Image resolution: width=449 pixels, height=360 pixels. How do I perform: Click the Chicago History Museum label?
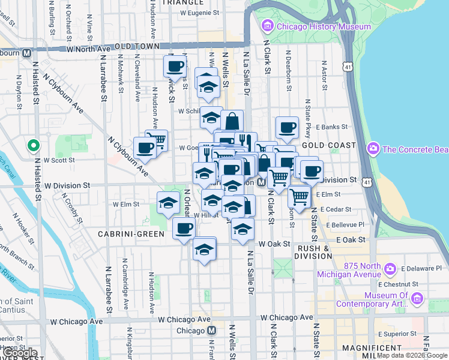point(323,26)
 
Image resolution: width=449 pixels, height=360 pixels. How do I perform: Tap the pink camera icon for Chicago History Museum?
point(267,26)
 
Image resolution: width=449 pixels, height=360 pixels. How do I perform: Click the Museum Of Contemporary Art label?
point(394,299)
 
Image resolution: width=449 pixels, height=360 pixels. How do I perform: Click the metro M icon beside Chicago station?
point(211,331)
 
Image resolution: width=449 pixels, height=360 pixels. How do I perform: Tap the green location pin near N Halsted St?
point(34,145)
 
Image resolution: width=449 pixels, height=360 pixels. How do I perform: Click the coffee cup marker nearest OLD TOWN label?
point(175,66)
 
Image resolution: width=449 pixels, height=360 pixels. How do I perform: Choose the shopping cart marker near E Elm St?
point(298,196)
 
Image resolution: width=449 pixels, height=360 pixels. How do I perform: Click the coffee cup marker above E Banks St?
point(287,127)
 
